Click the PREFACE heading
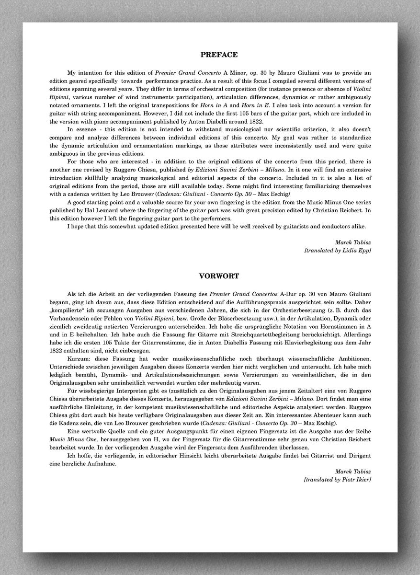coord(218,55)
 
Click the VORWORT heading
coord(218,276)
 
